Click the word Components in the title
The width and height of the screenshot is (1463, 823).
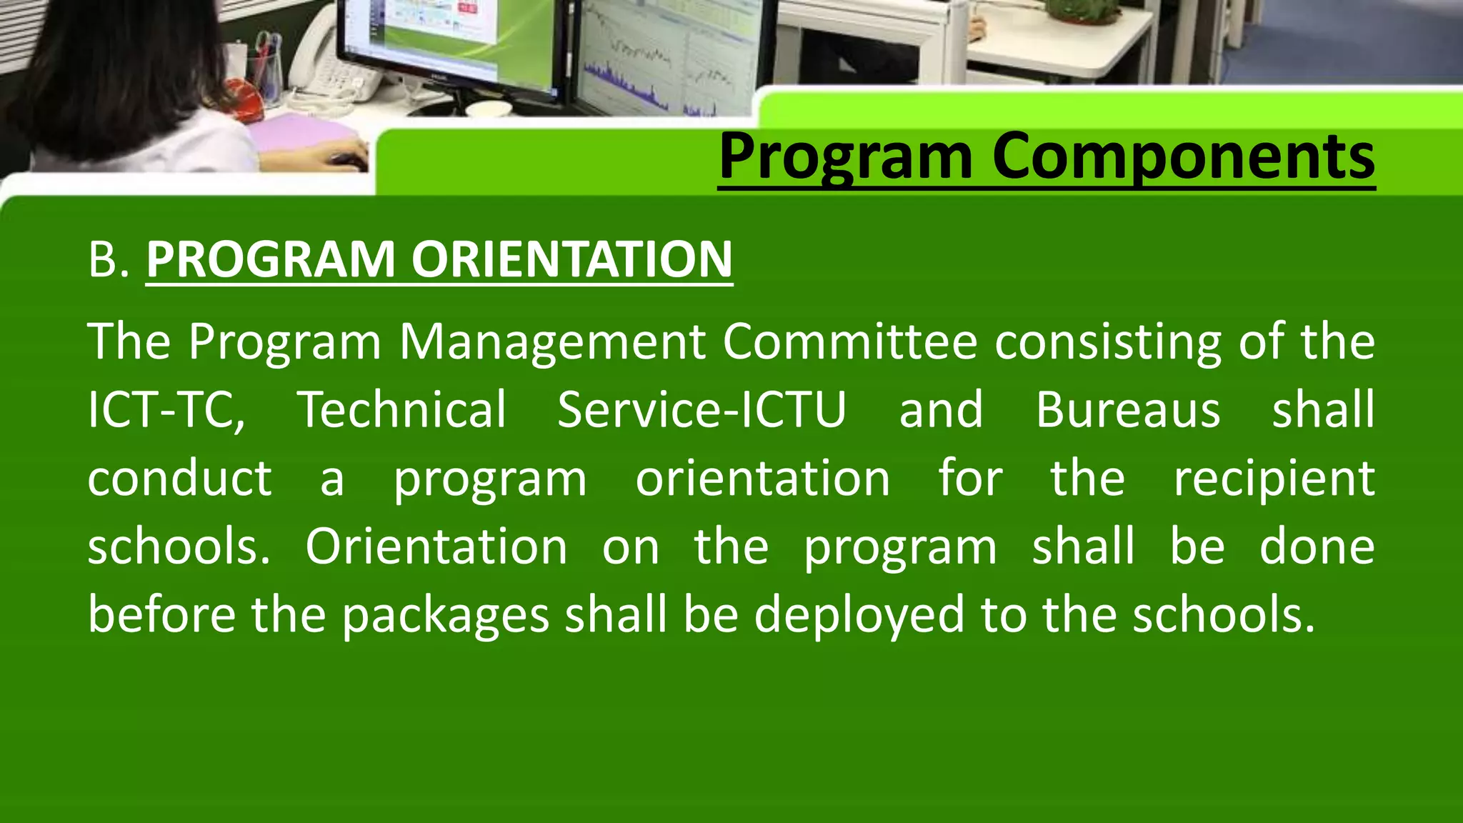[x=1182, y=157]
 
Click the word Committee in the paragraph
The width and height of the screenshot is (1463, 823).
[x=849, y=341]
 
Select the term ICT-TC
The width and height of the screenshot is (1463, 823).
[x=166, y=410]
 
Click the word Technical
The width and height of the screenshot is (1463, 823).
[x=401, y=410]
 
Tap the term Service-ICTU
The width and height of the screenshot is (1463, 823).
[x=701, y=410]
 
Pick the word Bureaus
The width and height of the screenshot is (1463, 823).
[x=1128, y=410]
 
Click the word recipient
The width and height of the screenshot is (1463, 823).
[x=1274, y=479]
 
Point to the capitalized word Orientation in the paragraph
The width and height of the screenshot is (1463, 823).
[x=436, y=547]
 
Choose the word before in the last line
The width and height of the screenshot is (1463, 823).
[x=161, y=614]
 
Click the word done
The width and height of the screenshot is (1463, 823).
[x=1317, y=547]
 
